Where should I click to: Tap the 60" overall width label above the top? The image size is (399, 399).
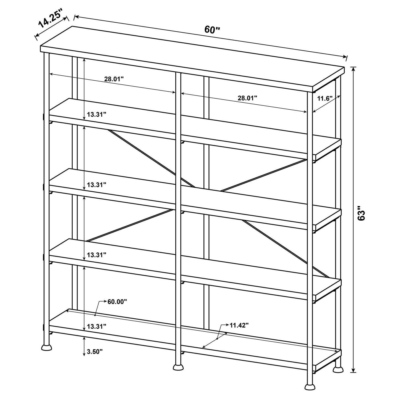coord(212,29)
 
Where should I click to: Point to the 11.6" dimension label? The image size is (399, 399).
coord(325,99)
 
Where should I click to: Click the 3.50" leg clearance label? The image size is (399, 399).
coord(95,352)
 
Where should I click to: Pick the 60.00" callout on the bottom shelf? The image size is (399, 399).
coord(117,301)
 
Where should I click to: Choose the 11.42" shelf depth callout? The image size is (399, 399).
coord(239,325)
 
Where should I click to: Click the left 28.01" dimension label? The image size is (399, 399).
coord(114,79)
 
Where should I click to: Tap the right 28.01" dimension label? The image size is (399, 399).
coord(247,97)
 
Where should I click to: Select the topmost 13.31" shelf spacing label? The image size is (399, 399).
coord(97,115)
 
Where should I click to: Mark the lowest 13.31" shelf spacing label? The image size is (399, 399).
coord(97,327)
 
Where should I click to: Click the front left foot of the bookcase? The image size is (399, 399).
coord(47,347)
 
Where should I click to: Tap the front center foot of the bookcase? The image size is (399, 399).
coord(178,367)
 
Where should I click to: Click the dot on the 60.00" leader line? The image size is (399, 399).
coord(95,315)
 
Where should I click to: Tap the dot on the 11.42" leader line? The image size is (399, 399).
coord(217,339)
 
